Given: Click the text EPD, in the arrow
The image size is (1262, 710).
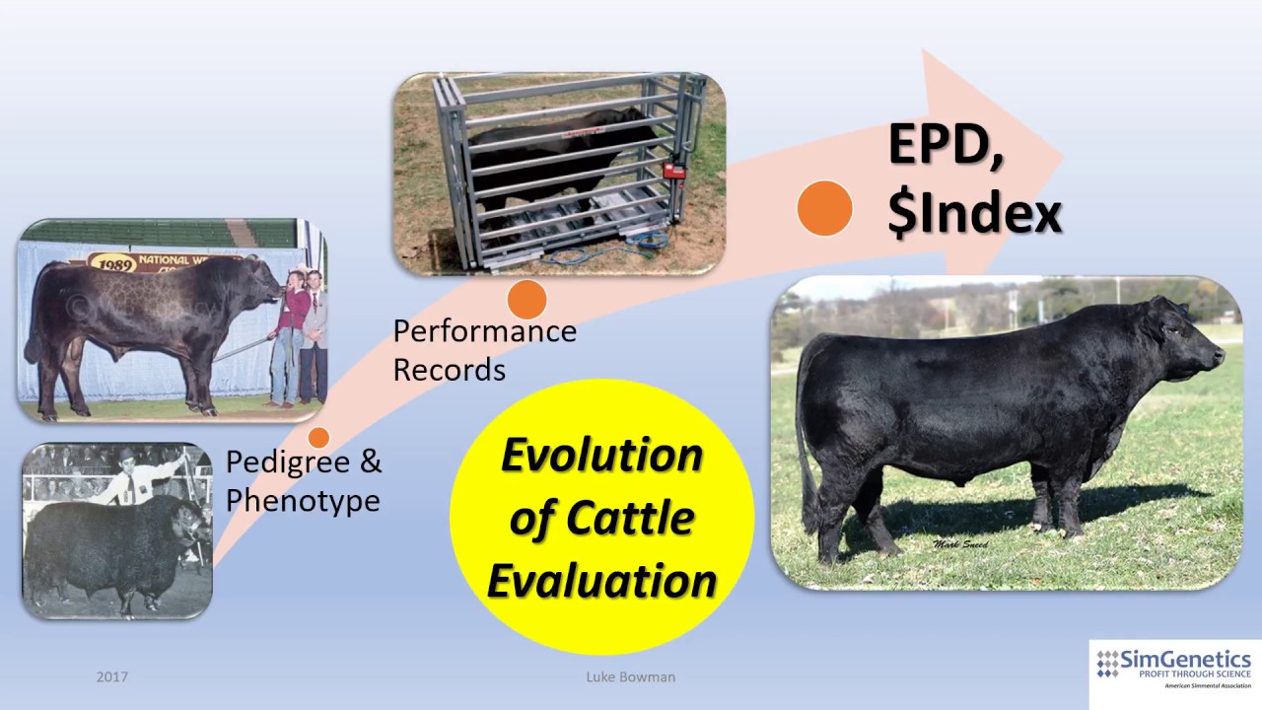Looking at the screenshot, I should (946, 146).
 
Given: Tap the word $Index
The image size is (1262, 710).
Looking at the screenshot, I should (974, 213).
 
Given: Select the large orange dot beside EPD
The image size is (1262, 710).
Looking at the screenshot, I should (824, 208).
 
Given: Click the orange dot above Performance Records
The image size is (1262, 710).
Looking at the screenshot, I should (526, 300).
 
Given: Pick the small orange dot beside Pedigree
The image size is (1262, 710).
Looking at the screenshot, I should (318, 437).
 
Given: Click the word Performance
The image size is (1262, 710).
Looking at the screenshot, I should (484, 331).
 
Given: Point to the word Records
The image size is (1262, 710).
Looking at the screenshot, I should (449, 370).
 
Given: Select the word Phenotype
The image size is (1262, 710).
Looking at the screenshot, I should (303, 500).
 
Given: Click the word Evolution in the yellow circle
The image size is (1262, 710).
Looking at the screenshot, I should (602, 456).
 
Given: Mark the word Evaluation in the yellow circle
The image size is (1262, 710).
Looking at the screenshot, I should (602, 580).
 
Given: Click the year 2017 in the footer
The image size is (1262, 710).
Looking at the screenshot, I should (112, 677).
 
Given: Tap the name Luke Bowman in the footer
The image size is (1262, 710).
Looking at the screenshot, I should (630, 677).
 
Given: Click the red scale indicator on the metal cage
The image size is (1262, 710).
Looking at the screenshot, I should (673, 169).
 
